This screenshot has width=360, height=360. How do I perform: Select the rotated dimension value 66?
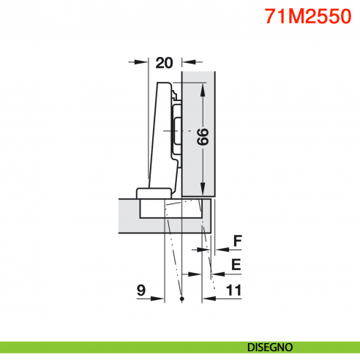202,136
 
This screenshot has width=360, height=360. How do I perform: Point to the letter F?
236,240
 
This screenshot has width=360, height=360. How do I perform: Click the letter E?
236,264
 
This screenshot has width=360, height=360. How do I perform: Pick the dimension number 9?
140,290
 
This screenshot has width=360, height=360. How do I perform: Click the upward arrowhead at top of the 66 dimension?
203,87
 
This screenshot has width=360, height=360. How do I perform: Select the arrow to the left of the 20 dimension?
142,64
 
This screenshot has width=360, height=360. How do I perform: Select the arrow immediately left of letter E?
218,274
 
